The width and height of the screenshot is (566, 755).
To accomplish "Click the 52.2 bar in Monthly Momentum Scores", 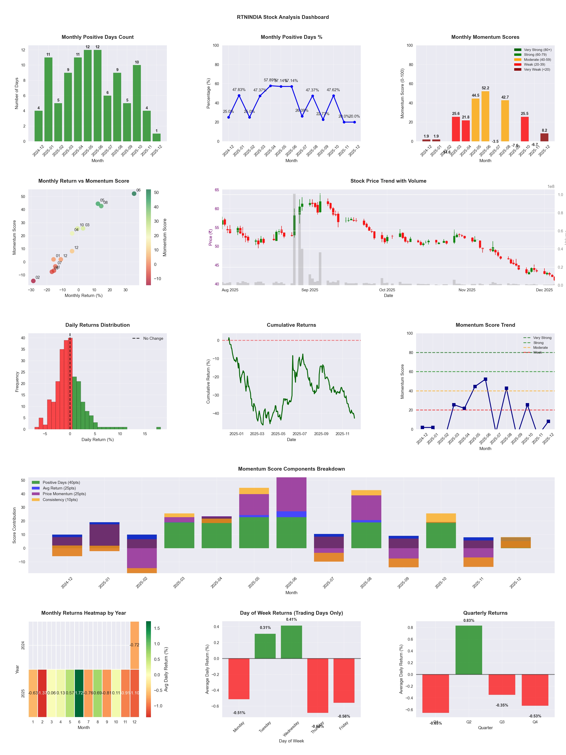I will tap(485, 116).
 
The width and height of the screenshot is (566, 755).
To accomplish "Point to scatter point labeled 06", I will tap(134, 194).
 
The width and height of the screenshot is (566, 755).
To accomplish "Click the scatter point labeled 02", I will tap(33, 281).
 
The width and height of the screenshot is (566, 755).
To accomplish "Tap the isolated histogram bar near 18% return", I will tap(158, 428).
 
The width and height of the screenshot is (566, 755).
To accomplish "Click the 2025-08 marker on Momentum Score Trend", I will tap(506, 388).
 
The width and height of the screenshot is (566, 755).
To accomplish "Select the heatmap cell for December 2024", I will tap(134, 645).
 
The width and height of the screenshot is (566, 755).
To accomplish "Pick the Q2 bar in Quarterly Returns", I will tap(469, 650).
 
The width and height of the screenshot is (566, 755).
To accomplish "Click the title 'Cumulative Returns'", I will tap(291, 325).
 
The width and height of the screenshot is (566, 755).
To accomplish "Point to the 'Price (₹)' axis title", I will tap(210, 237).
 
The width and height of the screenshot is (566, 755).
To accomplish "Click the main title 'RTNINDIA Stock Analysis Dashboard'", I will tap(283, 17).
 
